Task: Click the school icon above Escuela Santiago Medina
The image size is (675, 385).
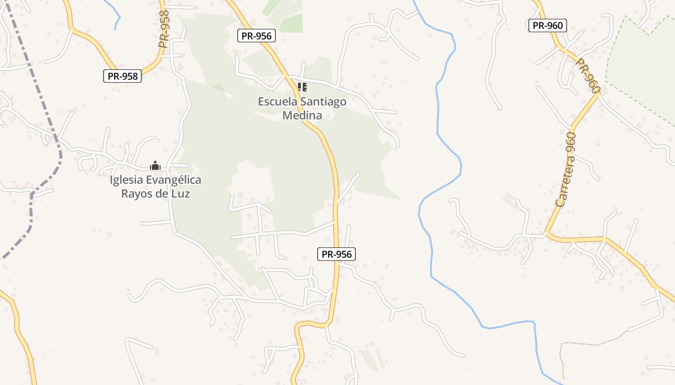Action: (x=302, y=87)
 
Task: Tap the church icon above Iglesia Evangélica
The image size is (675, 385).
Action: (x=155, y=166)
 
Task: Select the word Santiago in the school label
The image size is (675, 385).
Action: (x=323, y=102)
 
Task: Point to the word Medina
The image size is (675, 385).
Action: (x=302, y=115)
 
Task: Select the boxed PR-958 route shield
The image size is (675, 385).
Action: (x=122, y=76)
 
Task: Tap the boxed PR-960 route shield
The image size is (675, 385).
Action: (x=547, y=26)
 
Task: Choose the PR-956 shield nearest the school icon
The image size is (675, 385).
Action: (x=256, y=36)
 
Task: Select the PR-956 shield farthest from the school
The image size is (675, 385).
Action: (x=337, y=254)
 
